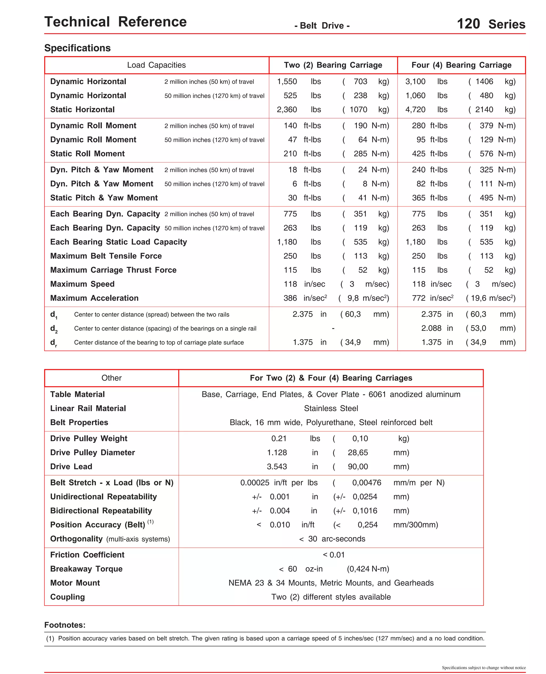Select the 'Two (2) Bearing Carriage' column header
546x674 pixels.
333,65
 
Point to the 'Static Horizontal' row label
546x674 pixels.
82,109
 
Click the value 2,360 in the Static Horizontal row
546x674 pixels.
287,109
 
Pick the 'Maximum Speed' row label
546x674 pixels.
82,284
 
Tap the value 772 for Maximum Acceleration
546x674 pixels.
418,298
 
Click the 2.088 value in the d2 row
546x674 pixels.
431,328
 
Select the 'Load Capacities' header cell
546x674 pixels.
156,65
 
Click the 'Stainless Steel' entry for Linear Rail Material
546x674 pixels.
331,408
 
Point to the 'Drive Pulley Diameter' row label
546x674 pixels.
93,452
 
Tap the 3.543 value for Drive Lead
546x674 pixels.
277,466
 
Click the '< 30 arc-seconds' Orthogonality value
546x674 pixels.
332,539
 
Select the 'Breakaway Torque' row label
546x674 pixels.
86,569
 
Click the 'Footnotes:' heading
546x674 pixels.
65,625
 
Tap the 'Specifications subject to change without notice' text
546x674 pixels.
483,667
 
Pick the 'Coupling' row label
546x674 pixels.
68,597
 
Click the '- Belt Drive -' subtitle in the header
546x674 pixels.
322,26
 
